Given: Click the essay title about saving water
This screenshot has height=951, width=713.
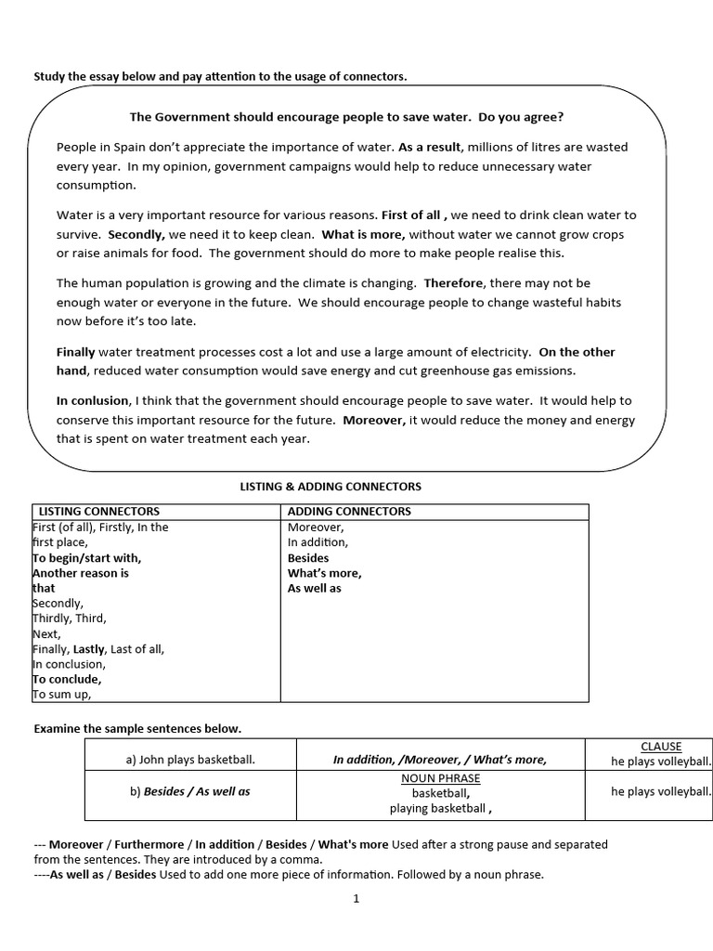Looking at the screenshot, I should point(346,117).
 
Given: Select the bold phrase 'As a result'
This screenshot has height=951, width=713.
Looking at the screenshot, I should point(429,147).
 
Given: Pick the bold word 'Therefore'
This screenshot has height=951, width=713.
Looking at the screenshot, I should point(454,283).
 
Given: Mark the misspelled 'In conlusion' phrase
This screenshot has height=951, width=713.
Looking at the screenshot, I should point(93,400).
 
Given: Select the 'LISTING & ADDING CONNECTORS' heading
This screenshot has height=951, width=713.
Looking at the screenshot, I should point(331,486).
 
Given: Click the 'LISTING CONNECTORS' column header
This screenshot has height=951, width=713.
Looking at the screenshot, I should point(98,511).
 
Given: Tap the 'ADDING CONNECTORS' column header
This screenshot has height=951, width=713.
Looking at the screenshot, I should point(349,511).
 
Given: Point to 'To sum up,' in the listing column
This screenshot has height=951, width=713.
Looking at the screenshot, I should point(62,694).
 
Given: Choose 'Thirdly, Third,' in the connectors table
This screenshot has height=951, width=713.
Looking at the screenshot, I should point(70,618).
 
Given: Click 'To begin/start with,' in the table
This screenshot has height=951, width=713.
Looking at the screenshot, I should point(87,558).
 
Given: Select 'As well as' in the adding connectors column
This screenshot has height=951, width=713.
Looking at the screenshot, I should point(315,588).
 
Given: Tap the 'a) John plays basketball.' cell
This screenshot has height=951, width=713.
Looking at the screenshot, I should point(190,760).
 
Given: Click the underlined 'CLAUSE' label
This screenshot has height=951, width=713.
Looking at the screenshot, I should point(661,746).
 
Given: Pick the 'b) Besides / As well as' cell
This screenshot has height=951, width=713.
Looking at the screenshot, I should point(190,791).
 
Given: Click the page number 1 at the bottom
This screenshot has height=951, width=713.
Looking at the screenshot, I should point(356,898).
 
